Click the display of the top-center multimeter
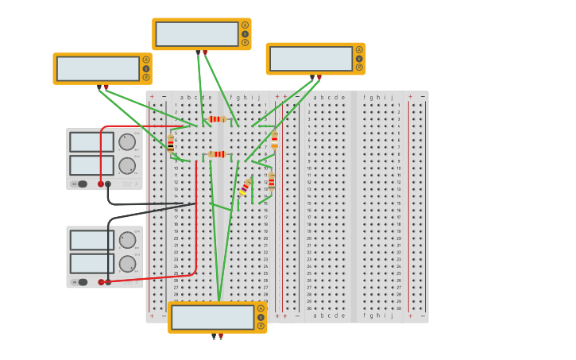click(197, 34)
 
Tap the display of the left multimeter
click(98, 68)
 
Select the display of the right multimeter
click(311, 59)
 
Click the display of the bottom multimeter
click(212, 317)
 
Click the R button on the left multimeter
click(146, 78)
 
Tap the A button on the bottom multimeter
click(261, 308)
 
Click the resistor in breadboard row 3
click(216, 119)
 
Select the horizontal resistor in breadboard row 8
click(217, 154)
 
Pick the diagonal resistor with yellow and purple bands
click(245, 187)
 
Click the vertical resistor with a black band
click(170, 144)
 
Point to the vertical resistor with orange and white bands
click(274, 140)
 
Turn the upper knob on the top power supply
click(126, 142)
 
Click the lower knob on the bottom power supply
click(127, 264)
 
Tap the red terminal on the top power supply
click(101, 184)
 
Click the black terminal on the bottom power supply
click(108, 282)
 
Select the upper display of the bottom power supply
click(91, 240)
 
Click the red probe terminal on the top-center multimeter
click(205, 52)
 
